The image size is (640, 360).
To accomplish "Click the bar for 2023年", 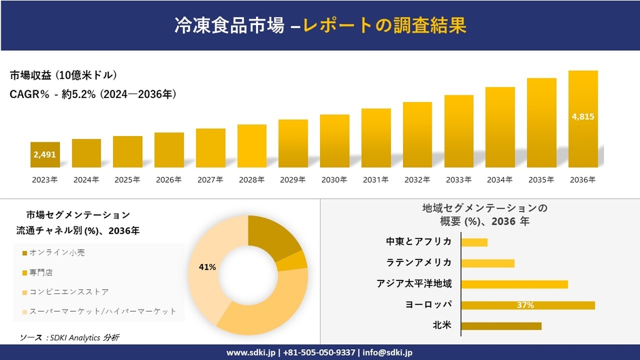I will click(x=45, y=155).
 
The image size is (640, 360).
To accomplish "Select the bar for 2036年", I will click(x=583, y=119).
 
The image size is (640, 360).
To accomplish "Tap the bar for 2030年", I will click(x=334, y=141).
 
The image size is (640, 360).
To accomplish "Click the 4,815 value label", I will click(x=583, y=116).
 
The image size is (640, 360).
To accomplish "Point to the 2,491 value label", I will click(x=45, y=155).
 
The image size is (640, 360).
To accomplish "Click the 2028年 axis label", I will click(x=251, y=180).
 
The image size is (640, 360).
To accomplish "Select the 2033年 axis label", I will click(x=458, y=180).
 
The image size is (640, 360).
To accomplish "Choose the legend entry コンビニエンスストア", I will click(x=64, y=291).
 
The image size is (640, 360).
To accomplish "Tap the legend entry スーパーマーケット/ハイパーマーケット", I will click(x=98, y=311).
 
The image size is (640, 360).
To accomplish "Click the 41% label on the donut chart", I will click(x=207, y=267).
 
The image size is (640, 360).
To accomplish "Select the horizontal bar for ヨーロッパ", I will click(x=528, y=305).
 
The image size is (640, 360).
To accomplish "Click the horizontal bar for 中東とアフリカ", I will click(x=474, y=242).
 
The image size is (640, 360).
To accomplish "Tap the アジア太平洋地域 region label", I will click(x=414, y=284).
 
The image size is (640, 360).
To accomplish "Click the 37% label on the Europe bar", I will click(x=525, y=305).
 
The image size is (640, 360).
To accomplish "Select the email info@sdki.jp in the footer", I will click(x=387, y=353).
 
